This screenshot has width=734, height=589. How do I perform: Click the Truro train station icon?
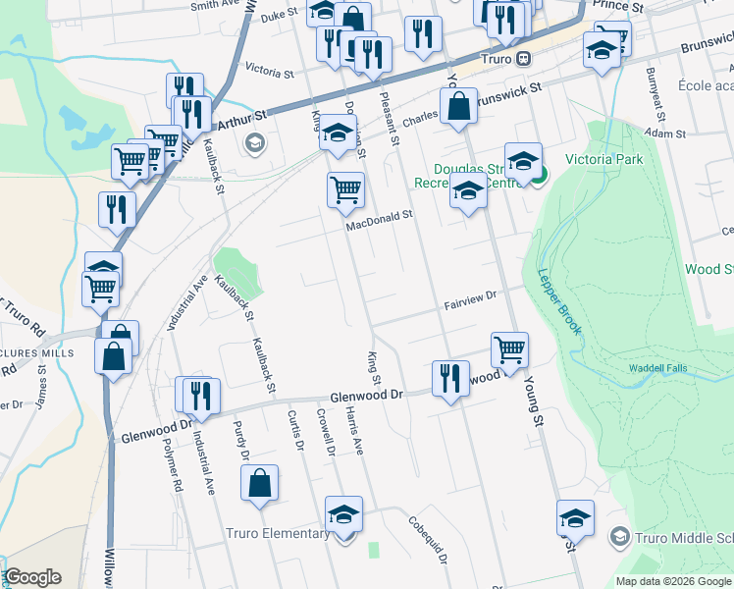click(525, 58)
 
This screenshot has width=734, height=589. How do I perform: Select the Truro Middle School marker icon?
click(619, 536)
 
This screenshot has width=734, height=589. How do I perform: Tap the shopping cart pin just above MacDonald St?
click(344, 189)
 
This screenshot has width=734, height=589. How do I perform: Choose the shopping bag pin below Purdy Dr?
click(259, 483)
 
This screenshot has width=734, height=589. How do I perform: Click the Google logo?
click(32, 577)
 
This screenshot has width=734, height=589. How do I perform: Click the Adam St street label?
click(665, 133)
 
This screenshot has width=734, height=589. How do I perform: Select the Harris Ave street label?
click(355, 432)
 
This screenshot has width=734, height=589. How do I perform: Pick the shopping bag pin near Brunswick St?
click(458, 105)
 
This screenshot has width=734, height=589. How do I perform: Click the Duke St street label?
click(279, 15)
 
